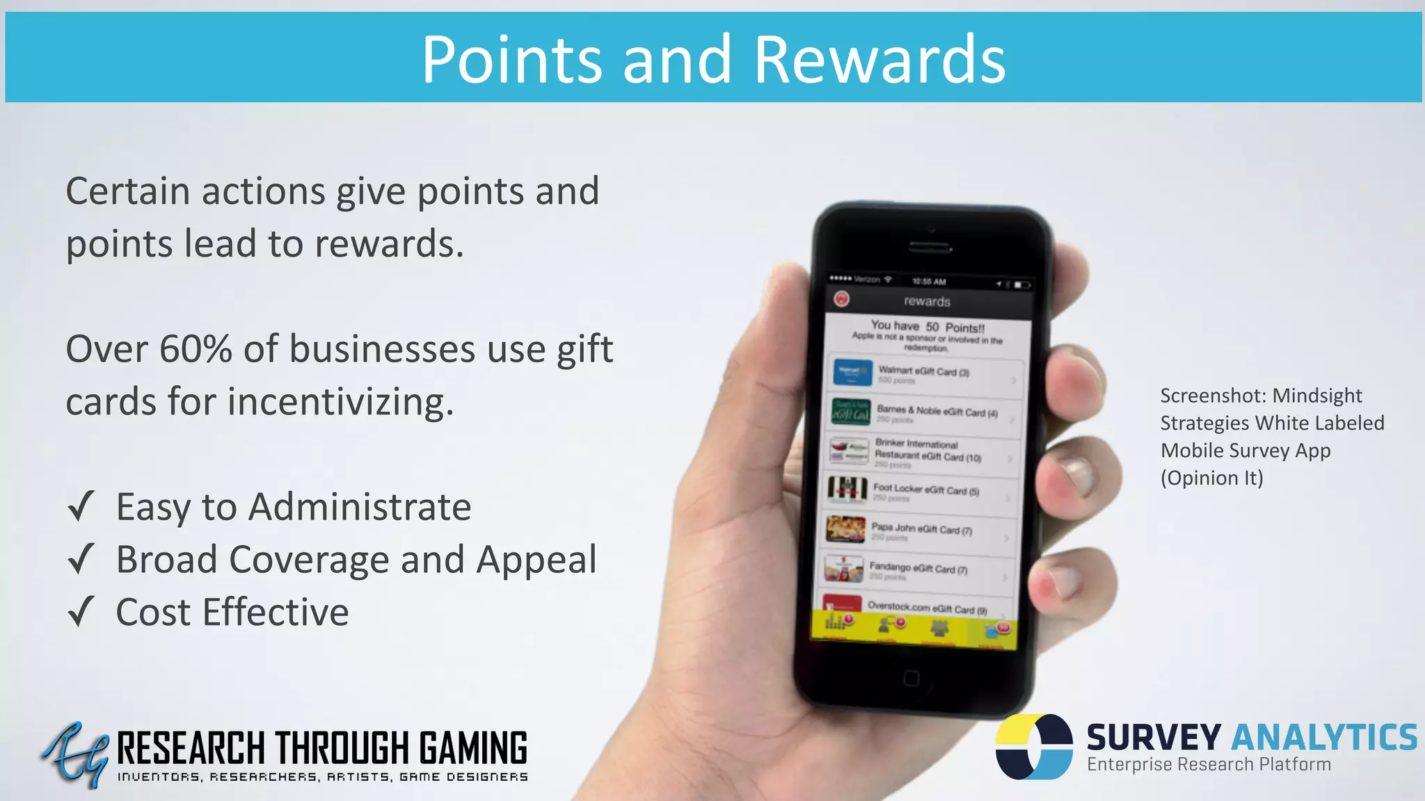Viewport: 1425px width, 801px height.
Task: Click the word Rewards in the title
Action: pos(879,60)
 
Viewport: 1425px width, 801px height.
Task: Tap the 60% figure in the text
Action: pos(196,349)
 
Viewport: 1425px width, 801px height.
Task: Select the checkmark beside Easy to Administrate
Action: pos(81,506)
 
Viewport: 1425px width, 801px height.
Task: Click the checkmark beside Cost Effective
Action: pos(81,612)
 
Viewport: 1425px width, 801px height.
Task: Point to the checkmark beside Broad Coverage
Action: pos(81,559)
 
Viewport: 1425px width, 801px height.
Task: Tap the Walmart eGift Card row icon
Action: pos(852,373)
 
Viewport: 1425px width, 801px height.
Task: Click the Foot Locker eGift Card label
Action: pos(925,489)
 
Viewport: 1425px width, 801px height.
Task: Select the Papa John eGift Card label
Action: pos(921,529)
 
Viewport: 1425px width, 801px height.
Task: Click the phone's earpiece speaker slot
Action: pos(931,248)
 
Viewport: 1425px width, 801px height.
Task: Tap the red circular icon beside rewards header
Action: pos(842,299)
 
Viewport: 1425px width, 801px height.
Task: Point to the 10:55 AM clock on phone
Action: pos(929,282)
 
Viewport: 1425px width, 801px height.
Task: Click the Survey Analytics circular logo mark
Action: pos(1034,746)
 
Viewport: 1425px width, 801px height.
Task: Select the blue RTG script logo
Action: pos(75,754)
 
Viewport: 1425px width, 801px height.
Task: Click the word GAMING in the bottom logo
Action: pos(473,748)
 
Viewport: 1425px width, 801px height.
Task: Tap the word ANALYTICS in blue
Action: pos(1325,738)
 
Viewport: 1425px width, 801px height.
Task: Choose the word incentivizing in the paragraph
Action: pos(340,402)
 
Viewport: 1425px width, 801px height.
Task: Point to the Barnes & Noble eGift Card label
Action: pos(937,412)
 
